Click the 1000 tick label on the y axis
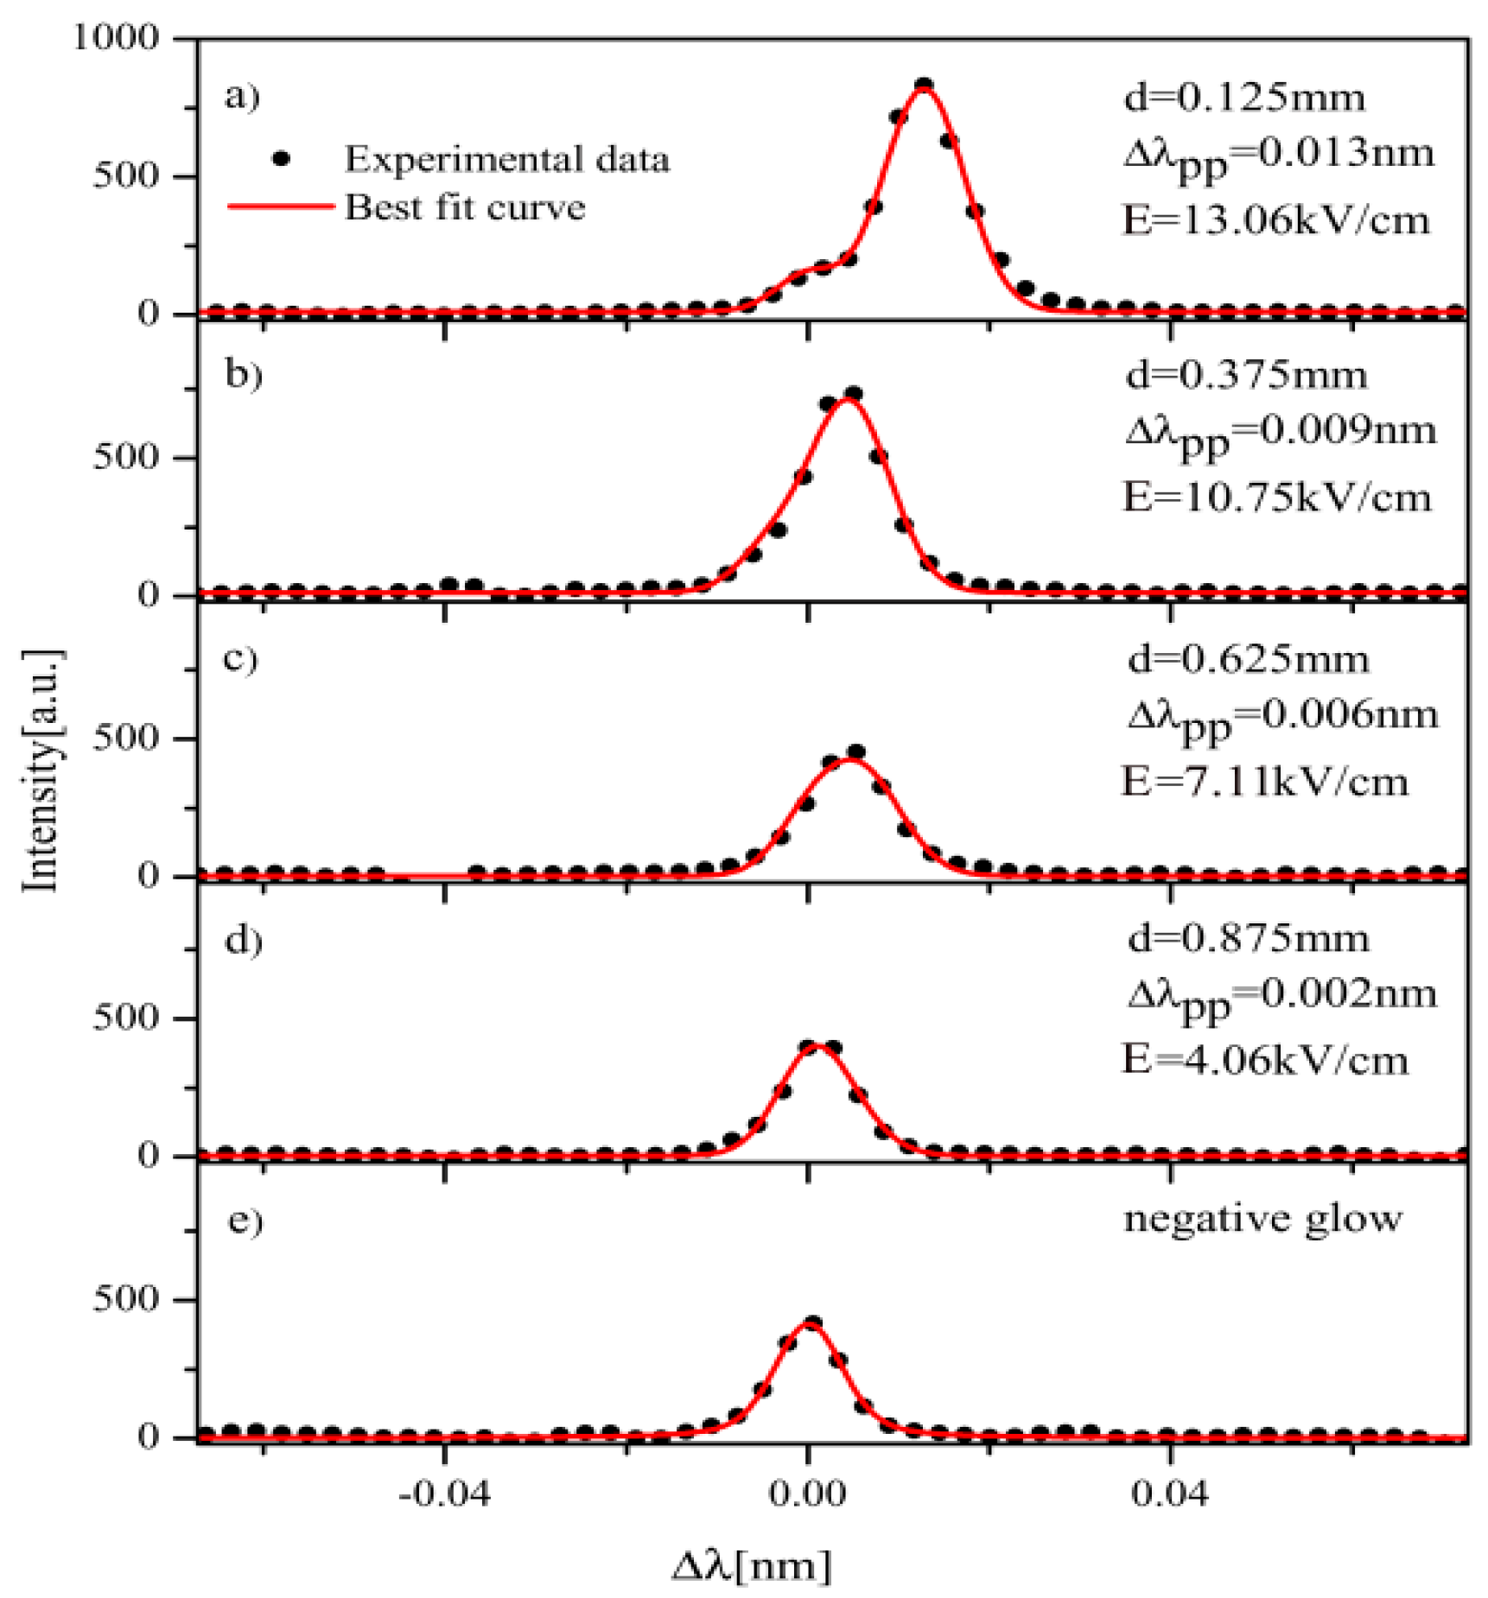[117, 38]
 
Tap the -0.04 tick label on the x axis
[444, 1493]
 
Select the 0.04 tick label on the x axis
[1169, 1493]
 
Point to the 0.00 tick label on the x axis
[807, 1493]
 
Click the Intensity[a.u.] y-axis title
[41, 770]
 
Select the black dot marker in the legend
[281, 159]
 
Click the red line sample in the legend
[281, 206]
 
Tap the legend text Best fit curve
[465, 207]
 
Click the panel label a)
[242, 96]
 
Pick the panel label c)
[241, 658]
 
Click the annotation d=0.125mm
[1244, 98]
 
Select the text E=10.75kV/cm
[1276, 498]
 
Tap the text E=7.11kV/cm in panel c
[1264, 781]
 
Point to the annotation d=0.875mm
[1249, 938]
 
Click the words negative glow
[1262, 1219]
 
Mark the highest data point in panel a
[924, 86]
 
